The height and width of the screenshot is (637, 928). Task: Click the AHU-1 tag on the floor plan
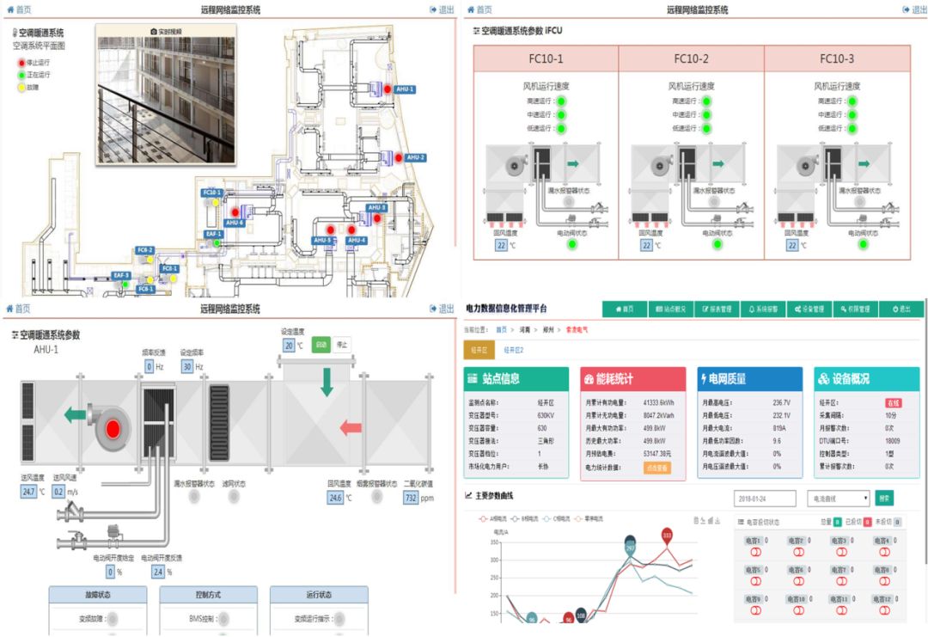click(x=405, y=89)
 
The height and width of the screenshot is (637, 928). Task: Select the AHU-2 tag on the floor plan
click(x=416, y=157)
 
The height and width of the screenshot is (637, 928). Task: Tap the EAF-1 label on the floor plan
click(x=214, y=233)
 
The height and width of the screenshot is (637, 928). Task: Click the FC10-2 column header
click(x=691, y=59)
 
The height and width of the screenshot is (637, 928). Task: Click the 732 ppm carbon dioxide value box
click(x=412, y=498)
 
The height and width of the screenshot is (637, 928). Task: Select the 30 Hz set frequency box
click(x=186, y=366)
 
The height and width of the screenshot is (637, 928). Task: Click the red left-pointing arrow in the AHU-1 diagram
click(x=351, y=427)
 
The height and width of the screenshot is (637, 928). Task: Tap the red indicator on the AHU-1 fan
click(x=113, y=427)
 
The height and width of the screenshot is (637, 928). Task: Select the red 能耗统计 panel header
click(x=632, y=378)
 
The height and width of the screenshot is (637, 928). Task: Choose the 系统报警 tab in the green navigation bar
click(x=762, y=309)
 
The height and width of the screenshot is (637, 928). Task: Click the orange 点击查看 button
click(x=657, y=469)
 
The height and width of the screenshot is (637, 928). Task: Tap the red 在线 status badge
click(x=894, y=402)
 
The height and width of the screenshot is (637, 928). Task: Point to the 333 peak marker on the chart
click(x=667, y=536)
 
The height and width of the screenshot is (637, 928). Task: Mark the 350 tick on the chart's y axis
click(x=494, y=560)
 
